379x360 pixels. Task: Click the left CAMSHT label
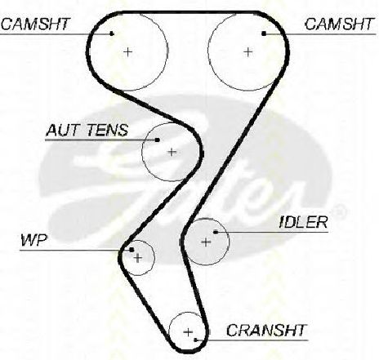coord(36,24)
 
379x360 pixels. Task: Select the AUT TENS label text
coord(87,130)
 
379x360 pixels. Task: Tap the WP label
coord(34,240)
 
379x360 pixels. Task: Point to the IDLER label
coord(304,222)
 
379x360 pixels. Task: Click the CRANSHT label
coord(266,330)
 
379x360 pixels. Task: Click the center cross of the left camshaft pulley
coord(127,51)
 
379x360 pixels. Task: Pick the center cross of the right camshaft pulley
coord(247,51)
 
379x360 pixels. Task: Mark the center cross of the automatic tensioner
coord(172,152)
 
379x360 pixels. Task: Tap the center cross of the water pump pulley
coord(138,258)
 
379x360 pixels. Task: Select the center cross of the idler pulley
coord(206,242)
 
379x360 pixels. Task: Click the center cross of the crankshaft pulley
coord(188,332)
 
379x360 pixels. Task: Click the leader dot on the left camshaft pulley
coord(112,33)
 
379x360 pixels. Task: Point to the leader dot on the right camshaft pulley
coord(264,33)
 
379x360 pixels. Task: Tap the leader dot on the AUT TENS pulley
coord(158,140)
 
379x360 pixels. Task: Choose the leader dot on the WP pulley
coord(132,250)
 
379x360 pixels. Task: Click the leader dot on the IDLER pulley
coord(216,232)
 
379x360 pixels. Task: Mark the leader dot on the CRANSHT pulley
coord(196,340)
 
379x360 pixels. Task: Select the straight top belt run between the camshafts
coord(189,12)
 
